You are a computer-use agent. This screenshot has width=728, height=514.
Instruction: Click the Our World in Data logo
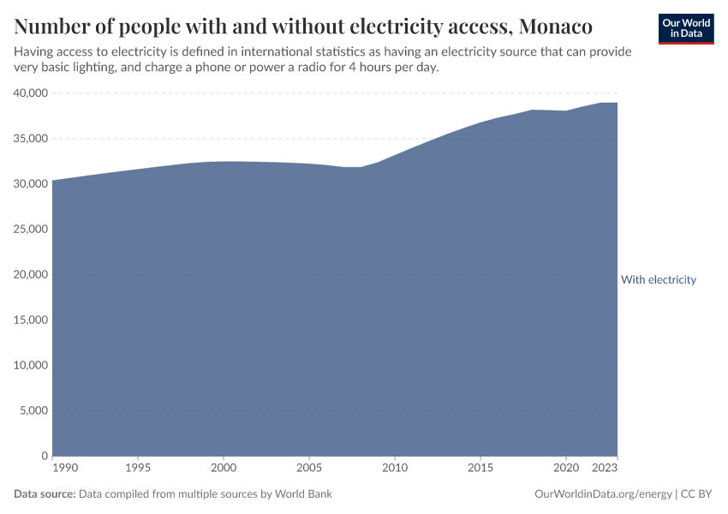click(685, 28)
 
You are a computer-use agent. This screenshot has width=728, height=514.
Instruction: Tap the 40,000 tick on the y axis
click(31, 93)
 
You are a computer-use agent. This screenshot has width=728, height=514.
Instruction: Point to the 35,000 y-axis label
click(31, 139)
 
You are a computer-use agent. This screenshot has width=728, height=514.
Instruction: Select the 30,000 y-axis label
click(31, 184)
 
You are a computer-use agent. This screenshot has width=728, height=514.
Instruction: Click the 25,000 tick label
click(31, 230)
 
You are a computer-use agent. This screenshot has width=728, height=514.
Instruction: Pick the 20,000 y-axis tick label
click(31, 275)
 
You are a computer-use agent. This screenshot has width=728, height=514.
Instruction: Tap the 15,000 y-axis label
click(31, 320)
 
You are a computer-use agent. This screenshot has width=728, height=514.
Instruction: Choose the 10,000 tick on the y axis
click(31, 366)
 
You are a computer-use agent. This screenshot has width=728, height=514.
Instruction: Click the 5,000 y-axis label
click(34, 411)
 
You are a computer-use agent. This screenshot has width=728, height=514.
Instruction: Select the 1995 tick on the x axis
click(138, 469)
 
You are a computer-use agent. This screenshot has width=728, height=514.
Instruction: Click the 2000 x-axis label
click(224, 469)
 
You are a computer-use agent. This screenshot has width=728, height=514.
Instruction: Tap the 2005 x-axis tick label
click(309, 469)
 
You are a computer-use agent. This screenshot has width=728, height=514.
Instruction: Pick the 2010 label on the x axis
click(395, 469)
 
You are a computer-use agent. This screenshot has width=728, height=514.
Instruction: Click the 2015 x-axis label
click(480, 469)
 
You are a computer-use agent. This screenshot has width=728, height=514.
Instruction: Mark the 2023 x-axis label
click(606, 469)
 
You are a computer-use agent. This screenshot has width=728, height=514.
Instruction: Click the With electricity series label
click(658, 280)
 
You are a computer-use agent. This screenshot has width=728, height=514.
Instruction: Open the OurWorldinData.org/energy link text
click(602, 494)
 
